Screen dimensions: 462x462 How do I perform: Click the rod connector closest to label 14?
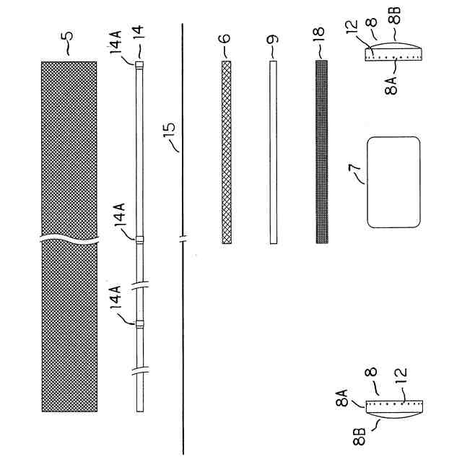[x=139, y=65]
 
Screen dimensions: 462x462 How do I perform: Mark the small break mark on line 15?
[x=183, y=238]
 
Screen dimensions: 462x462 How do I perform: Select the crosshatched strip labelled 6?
[x=226, y=152]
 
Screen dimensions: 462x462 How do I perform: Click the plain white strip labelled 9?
[x=272, y=152]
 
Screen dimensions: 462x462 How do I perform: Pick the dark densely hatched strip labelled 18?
[x=321, y=152]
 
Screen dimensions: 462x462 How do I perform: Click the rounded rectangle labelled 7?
[x=393, y=181]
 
